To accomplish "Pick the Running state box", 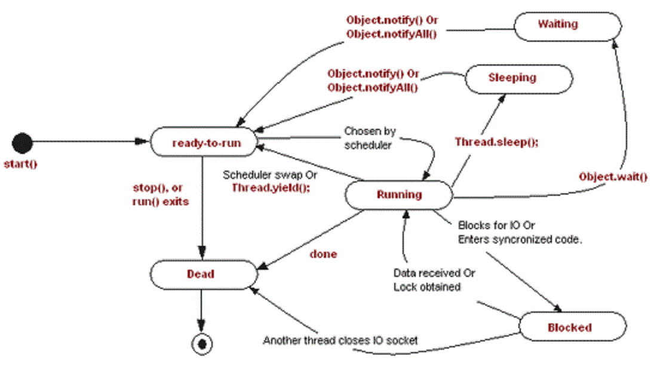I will click(399, 195).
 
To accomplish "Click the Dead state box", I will click(201, 275).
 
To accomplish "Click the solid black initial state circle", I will click(22, 143).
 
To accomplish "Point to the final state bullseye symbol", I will click(202, 344).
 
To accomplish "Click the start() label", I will click(20, 164).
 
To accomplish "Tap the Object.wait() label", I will click(613, 177).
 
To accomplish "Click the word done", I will click(323, 254).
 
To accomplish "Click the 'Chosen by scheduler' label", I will click(368, 138).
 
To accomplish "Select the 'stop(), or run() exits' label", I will click(160, 195).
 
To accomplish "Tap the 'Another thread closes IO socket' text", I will click(340, 341).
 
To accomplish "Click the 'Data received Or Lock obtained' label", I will click(434, 280).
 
